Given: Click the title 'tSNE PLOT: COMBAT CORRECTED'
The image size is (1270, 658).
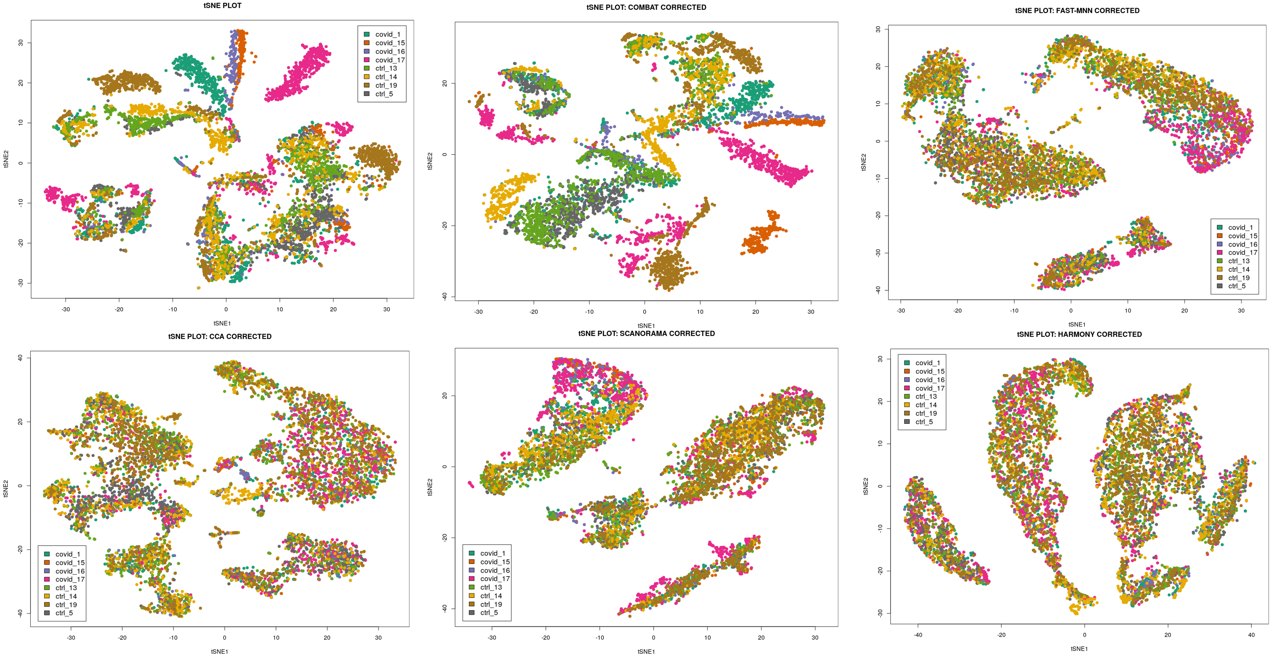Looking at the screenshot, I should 646,7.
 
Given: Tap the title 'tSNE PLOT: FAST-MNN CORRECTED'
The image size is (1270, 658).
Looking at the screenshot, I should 1077,10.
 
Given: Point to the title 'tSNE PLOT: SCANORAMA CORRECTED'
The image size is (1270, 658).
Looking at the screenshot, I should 646,334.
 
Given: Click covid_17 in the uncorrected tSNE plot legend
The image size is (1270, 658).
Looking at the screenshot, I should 389,60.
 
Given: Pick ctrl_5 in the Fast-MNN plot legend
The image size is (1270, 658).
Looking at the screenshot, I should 1237,286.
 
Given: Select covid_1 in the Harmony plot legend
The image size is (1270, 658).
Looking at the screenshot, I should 927,363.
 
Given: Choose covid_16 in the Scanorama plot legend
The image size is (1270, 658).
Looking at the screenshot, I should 495,570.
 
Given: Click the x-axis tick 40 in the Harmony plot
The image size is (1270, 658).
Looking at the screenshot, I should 1251,635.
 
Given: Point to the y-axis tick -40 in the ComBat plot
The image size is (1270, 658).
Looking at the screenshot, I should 445,296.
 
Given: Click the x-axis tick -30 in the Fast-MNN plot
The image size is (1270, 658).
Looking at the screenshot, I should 901,310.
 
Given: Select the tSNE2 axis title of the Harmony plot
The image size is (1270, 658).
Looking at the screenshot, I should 866,486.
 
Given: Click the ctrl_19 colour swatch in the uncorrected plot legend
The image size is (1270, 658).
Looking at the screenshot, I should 367,85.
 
